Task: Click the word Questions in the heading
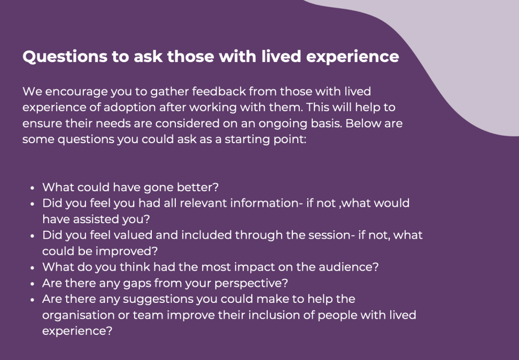tap(65, 57)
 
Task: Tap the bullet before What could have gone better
tap(32, 187)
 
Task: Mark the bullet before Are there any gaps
tap(32, 284)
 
